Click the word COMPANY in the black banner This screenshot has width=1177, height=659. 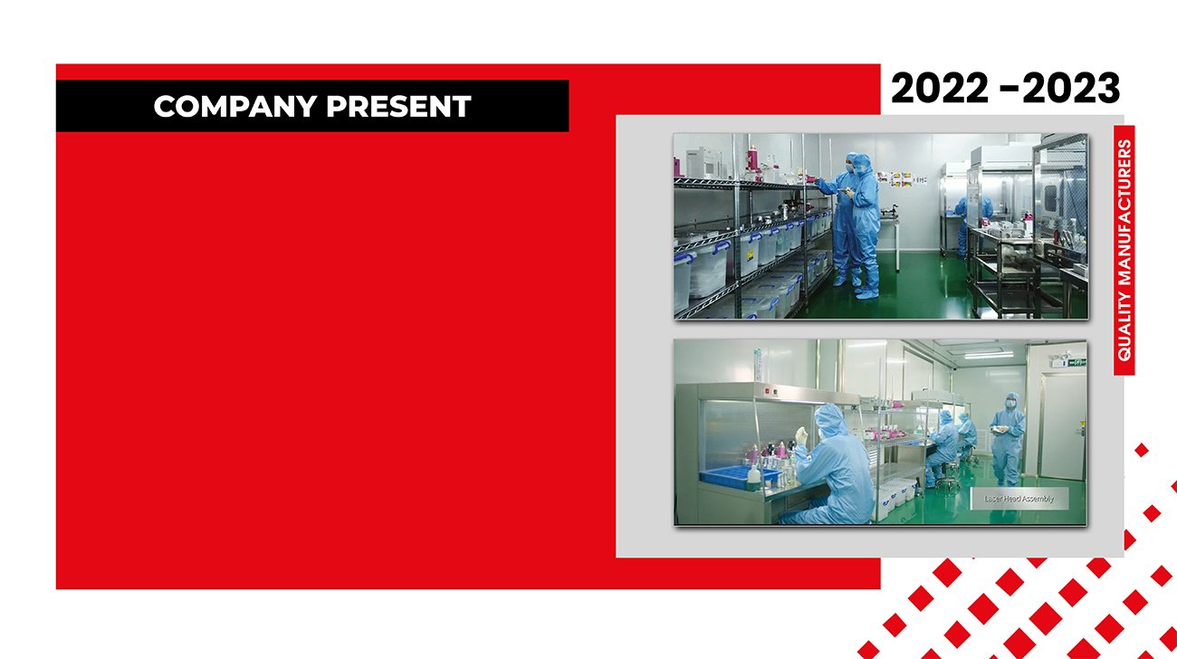pos(234,106)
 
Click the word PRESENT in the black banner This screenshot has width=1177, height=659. pos(398,106)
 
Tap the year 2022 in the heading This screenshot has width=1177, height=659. pos(940,88)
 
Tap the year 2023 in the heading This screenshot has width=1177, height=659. pos(1071,88)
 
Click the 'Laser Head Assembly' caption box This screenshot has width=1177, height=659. pos(1019,499)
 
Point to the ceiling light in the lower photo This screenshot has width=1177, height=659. pos(989,355)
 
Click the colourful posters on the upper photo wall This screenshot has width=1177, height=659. pos(902,179)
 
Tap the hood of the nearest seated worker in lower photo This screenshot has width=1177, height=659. pos(830,420)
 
